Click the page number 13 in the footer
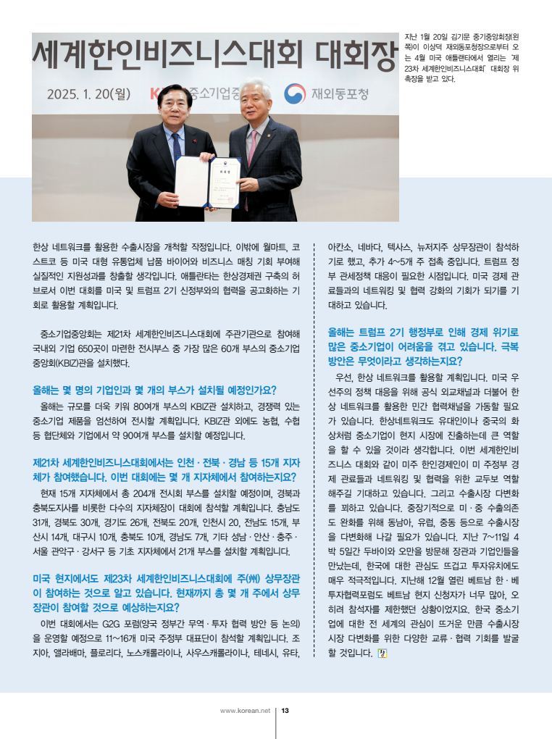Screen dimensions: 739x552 [x=285, y=711]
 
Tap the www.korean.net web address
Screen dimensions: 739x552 [x=245, y=711]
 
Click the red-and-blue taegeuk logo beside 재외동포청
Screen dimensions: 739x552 [x=294, y=93]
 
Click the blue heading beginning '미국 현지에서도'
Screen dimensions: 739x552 [x=166, y=593]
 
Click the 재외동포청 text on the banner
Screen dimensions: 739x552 [x=340, y=93]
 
